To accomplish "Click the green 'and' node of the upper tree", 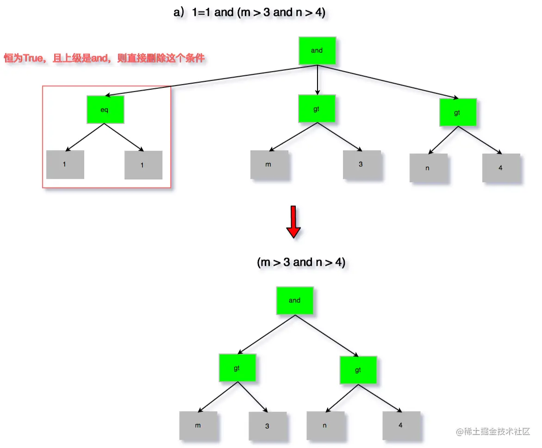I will click(317, 50).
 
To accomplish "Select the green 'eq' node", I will click(105, 110).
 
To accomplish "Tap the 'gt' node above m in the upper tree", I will click(317, 109).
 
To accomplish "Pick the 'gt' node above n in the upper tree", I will click(457, 112).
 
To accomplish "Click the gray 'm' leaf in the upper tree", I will click(269, 164).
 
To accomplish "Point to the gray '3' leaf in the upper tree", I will click(361, 164).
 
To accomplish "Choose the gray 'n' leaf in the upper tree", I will click(428, 168).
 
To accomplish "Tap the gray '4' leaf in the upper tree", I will click(501, 168).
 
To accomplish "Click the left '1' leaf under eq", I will click(65, 164).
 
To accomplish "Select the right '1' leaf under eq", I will click(143, 165).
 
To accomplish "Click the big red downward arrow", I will click(293, 222).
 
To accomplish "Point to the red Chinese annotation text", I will click(104, 58).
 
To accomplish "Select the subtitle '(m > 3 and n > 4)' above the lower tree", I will click(301, 262).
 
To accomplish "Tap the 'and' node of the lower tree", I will click(295, 301).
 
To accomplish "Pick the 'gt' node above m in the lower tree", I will click(237, 368).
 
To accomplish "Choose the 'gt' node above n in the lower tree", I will click(358, 370).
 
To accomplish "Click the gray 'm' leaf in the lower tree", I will click(199, 425).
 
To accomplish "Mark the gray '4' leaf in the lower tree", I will click(401, 425).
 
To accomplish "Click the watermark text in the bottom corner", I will click(493, 431).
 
